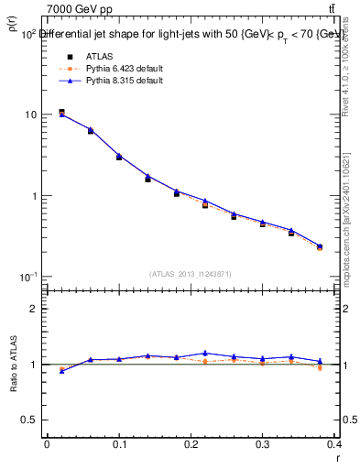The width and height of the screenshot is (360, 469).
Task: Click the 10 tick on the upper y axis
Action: [x=32, y=115]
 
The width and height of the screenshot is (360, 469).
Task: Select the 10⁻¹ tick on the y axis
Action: [x=29, y=277]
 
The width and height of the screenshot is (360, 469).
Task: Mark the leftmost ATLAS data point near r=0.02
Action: [x=61, y=113]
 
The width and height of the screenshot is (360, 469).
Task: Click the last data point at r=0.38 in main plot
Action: [x=319, y=246]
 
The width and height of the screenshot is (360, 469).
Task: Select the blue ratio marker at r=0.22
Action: [x=205, y=353]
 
